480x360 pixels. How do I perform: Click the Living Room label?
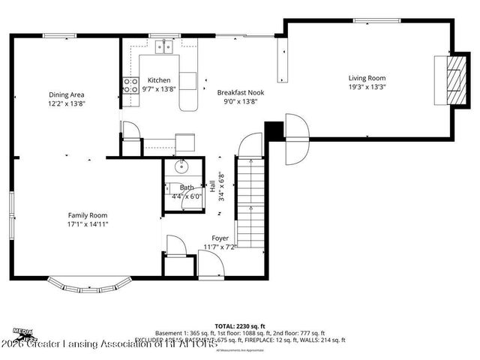coord(367,77)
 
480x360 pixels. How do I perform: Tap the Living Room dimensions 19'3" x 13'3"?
coord(367,87)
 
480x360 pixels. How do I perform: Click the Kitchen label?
coord(158,80)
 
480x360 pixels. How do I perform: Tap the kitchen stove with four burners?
coord(130,85)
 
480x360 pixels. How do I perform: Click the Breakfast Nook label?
coord(237,92)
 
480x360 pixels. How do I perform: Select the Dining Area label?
coord(67,94)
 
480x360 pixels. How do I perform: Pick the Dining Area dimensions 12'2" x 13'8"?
coord(67,104)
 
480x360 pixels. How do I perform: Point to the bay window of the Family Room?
coord(88,286)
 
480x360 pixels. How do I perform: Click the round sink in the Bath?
coord(181,166)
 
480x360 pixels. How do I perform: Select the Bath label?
coord(186,187)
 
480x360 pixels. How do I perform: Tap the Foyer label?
coord(220,237)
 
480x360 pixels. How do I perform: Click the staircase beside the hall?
coord(250,202)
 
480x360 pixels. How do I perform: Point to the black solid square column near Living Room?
coord(275,130)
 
